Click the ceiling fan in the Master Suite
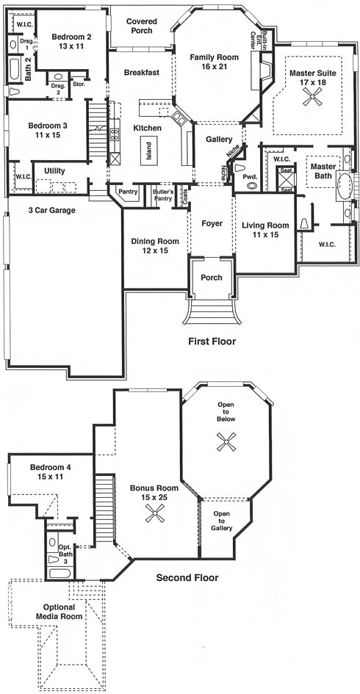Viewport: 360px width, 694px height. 312,96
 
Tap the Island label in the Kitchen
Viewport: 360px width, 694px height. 149,150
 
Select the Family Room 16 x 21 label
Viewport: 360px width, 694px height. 214,61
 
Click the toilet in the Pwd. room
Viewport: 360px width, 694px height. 241,167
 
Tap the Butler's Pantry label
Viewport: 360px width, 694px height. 162,195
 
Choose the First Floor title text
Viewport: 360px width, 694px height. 212,341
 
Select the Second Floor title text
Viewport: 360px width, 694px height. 187,577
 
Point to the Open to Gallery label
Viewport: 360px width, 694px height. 221,521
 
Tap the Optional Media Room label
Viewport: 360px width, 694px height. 62,612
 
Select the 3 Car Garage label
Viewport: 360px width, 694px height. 52,211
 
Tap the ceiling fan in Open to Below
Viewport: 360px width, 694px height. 226,441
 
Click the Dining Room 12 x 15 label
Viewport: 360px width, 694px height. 155,245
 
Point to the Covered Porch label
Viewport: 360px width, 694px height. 139,26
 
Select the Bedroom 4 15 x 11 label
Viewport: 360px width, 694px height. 50,471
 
